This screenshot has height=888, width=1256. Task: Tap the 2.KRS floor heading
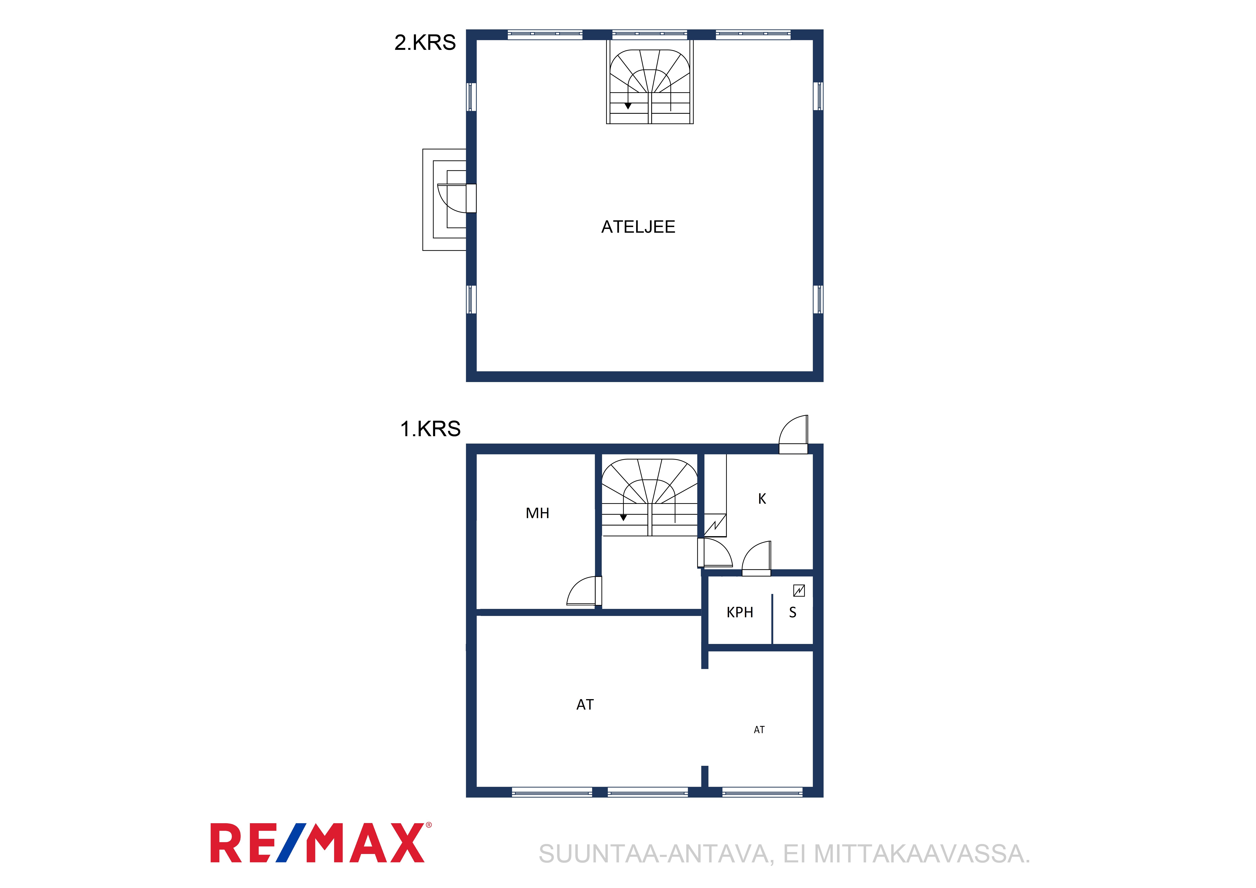coord(425,43)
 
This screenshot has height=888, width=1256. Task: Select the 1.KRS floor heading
coord(431,429)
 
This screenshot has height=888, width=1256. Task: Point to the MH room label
coord(537,513)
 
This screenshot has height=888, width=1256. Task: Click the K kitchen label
coord(762,498)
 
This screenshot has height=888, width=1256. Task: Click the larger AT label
coord(585,705)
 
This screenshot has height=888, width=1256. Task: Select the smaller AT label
coord(759,730)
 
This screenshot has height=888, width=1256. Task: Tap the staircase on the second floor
coord(650,82)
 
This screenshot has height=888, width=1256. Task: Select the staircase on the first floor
coord(650,497)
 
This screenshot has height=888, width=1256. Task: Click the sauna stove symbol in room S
coord(799,590)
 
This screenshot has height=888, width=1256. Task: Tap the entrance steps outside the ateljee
coord(444,200)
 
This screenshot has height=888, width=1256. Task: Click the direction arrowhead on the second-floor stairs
coord(628,106)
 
